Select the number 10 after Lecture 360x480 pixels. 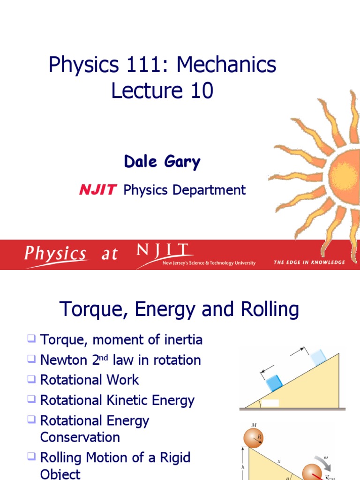pos(202,90)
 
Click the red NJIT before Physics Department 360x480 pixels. pos(97,190)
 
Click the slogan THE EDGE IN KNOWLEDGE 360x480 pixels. pos(309,262)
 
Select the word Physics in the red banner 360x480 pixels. pos(56,254)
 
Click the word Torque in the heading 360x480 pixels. pos(86,310)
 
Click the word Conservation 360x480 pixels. pos(80,437)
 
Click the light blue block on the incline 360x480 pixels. pos(317,357)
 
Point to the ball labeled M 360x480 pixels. pos(254,437)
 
